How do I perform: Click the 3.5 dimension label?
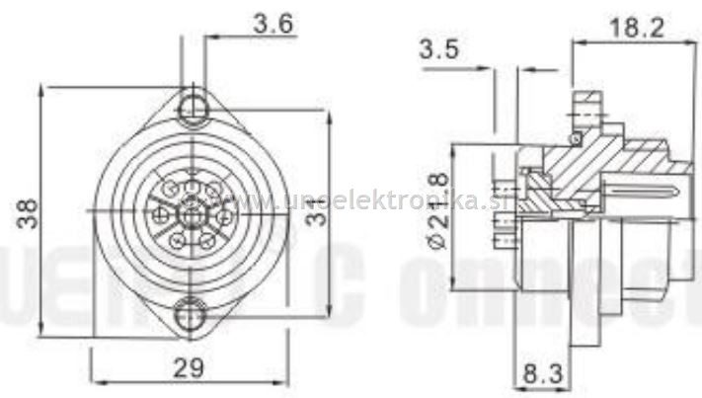point(440,48)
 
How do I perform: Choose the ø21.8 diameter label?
point(434,210)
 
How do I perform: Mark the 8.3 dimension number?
point(543,376)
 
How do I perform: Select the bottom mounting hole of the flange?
point(189,315)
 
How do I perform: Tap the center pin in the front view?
point(189,209)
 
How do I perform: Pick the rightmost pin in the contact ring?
point(224,213)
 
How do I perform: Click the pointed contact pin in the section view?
point(642,186)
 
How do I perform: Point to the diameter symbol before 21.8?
point(434,240)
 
